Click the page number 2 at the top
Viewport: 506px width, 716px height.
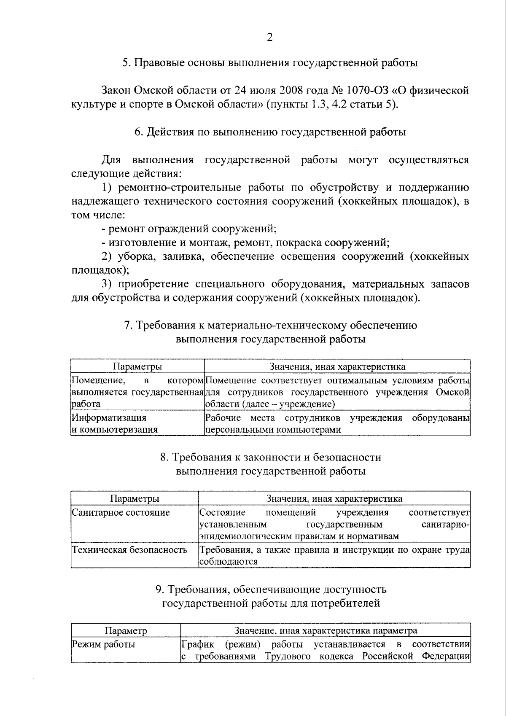[270, 38]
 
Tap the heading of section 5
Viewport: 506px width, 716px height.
[270, 63]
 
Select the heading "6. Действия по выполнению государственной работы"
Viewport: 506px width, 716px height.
[270, 132]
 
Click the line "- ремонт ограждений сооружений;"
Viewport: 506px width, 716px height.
[189, 229]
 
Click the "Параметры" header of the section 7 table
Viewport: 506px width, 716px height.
[137, 366]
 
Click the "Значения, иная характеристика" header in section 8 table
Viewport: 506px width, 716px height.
[334, 498]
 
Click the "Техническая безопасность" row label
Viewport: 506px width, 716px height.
[129, 550]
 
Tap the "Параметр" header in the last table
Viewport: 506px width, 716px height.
[126, 630]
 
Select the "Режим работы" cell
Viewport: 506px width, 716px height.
[104, 644]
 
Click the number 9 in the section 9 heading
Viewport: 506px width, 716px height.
[159, 589]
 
